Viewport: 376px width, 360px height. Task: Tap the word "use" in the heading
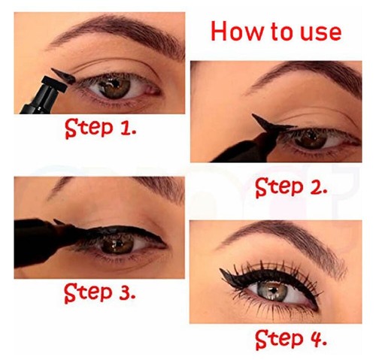click(320, 32)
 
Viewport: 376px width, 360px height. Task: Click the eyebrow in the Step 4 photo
click(278, 241)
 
